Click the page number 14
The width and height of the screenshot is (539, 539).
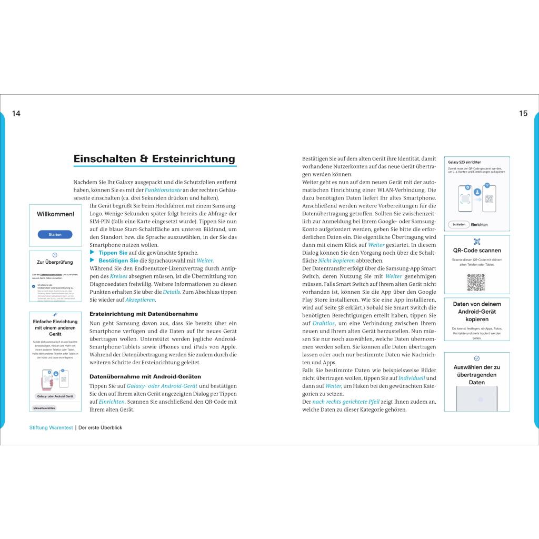pyautogui.click(x=16, y=113)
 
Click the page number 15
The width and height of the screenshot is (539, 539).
pyautogui.click(x=523, y=113)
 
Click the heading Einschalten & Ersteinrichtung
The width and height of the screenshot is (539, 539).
pyautogui.click(x=154, y=158)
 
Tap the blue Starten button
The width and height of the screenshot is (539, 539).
pyautogui.click(x=55, y=234)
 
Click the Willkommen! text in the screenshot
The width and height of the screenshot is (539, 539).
pyautogui.click(x=55, y=214)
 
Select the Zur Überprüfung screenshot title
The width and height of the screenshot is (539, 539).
pyautogui.click(x=55, y=262)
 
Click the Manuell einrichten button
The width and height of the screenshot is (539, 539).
pyautogui.click(x=44, y=408)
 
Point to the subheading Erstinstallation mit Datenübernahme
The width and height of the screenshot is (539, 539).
pyautogui.click(x=128, y=314)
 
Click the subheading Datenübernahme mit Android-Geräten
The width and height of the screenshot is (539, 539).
pyautogui.click(x=145, y=376)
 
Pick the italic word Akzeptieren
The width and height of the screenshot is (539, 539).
pyautogui.click(x=140, y=300)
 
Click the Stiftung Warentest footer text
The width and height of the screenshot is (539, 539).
pyautogui.click(x=51, y=427)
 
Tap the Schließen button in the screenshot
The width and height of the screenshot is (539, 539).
pyautogui.click(x=458, y=224)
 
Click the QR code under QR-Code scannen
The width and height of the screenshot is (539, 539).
pyautogui.click(x=476, y=282)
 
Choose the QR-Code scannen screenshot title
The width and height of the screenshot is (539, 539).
pyautogui.click(x=477, y=251)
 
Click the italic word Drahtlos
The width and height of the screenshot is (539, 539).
pyautogui.click(x=323, y=323)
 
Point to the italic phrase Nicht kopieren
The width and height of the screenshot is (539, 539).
pyautogui.click(x=336, y=260)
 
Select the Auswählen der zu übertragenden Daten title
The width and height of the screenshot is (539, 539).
pyautogui.click(x=477, y=374)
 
